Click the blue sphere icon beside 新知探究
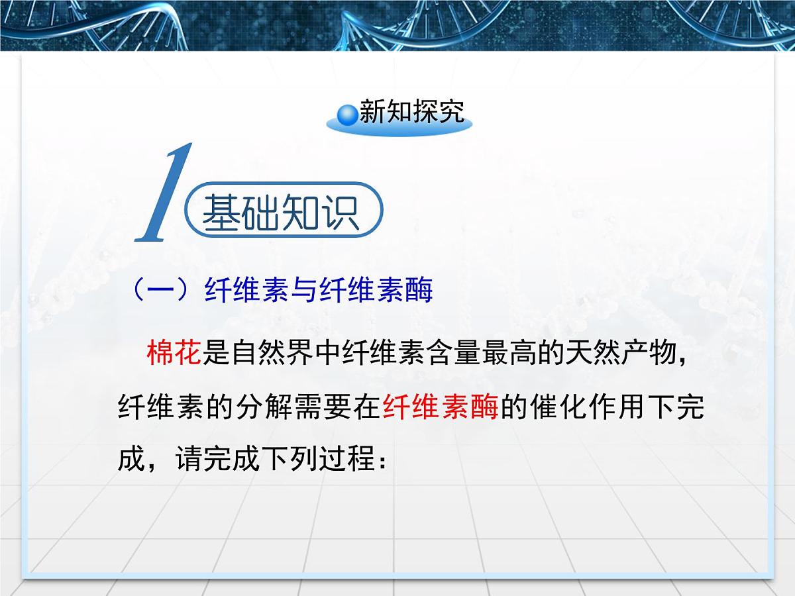pyautogui.click(x=347, y=114)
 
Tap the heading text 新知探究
pyautogui.click(x=411, y=113)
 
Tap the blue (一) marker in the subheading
pyautogui.click(x=159, y=290)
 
